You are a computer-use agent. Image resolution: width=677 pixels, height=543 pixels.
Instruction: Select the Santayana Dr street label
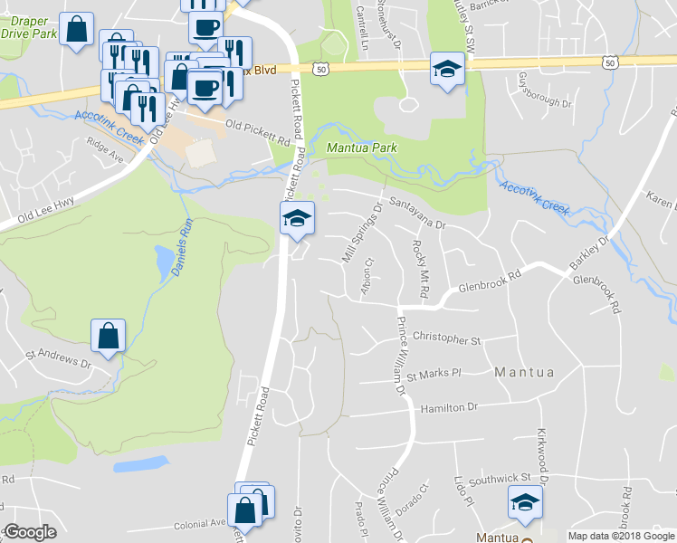418,214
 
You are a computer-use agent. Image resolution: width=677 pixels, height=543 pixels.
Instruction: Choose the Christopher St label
446,340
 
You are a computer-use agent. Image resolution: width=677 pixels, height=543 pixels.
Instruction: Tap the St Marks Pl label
434,374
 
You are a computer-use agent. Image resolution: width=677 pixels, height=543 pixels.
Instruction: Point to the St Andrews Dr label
59,358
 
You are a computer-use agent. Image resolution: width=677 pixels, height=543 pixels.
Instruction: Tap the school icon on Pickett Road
297,218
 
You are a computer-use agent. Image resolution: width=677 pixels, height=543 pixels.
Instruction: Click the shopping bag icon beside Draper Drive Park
79,29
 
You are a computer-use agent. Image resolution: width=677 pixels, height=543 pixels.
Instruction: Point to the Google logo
29,532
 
